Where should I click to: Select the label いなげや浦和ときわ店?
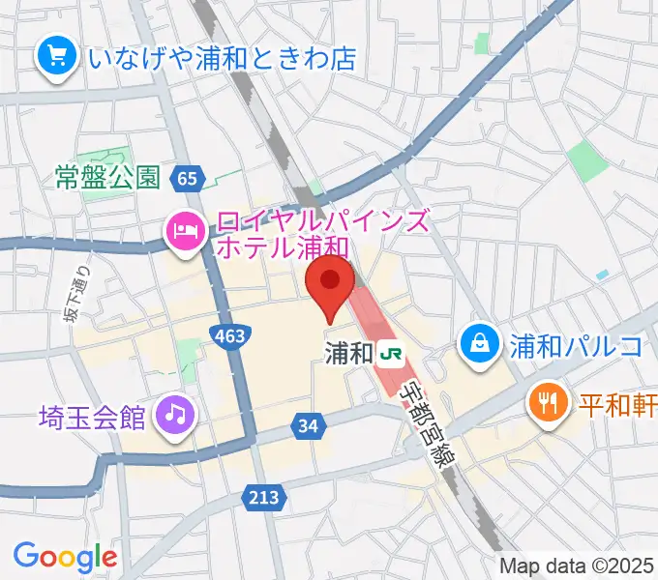(x=222, y=58)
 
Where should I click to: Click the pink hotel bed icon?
(x=184, y=231)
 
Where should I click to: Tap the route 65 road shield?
(x=188, y=177)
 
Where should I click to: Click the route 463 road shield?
(x=229, y=335)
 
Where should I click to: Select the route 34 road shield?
(x=309, y=425)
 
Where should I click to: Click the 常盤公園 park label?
(x=106, y=178)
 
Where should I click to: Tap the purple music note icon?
(x=175, y=416)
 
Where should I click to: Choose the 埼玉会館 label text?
(x=92, y=418)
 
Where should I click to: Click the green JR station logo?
(x=392, y=353)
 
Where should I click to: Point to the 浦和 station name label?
(x=348, y=353)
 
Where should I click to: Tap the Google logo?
(x=65, y=556)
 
